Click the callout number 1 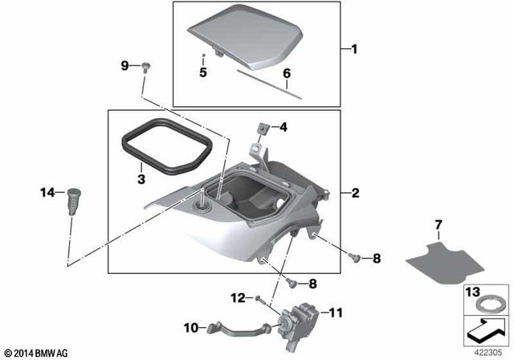[x=353, y=49]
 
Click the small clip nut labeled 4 [x=263, y=129]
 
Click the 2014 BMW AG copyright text [x=36, y=353]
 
